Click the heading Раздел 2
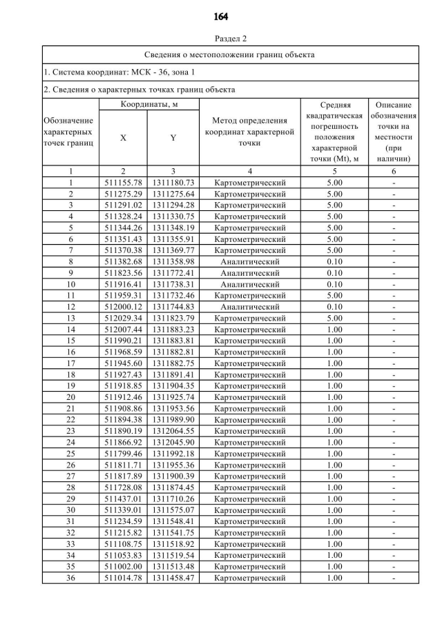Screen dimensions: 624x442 coord(221,38)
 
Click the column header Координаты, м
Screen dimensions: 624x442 coord(150,104)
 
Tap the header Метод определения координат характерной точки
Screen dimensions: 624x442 coord(249,132)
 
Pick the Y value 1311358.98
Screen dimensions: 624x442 coord(173,262)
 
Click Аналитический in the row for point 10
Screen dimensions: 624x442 coord(249,284)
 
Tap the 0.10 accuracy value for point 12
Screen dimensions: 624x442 coord(334,307)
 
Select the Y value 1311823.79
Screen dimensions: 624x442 coord(173,318)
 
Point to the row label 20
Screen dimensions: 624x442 coord(70,397)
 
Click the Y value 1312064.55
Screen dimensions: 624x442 coord(173,431)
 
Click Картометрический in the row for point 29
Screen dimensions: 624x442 coord(249,499)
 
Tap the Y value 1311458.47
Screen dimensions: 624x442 coord(173,578)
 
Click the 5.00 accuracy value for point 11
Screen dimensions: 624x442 coord(334,296)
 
